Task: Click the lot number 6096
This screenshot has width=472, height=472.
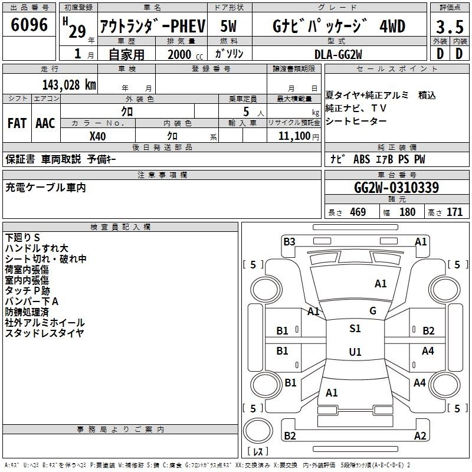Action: (x=29, y=25)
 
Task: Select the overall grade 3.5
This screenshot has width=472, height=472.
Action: (x=450, y=27)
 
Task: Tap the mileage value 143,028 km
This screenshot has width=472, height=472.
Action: (x=69, y=85)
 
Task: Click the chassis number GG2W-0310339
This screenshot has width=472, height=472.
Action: (x=396, y=188)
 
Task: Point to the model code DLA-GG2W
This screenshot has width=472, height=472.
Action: (x=338, y=54)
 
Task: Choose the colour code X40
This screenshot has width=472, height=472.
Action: (x=97, y=136)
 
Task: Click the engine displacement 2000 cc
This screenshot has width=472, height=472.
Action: (x=185, y=54)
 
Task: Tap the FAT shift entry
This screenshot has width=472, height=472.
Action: (x=17, y=123)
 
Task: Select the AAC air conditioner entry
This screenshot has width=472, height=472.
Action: (x=45, y=123)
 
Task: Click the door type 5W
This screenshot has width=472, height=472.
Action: (x=228, y=26)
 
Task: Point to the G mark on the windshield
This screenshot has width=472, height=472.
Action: (x=373, y=311)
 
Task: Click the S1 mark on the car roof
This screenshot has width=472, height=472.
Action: (x=355, y=329)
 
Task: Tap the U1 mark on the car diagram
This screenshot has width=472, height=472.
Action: (x=355, y=352)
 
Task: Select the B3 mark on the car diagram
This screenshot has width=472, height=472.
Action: (x=289, y=242)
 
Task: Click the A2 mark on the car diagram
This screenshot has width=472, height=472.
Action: (x=420, y=436)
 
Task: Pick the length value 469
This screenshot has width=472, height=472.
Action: (x=358, y=212)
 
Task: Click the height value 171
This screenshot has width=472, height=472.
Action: (x=454, y=212)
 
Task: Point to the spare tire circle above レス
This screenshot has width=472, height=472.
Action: (x=258, y=430)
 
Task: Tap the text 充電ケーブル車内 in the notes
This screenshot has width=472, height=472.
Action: (x=45, y=188)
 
